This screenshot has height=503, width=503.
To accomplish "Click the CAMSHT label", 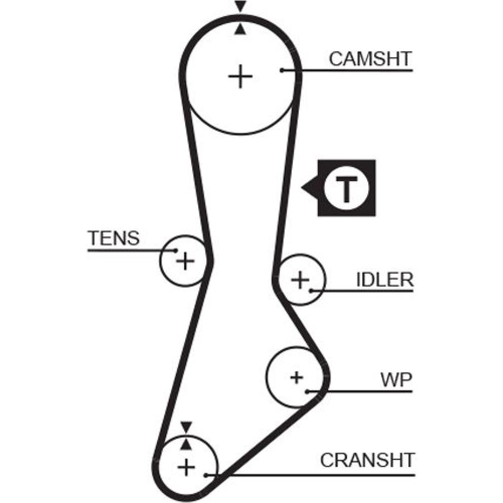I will point(370,58).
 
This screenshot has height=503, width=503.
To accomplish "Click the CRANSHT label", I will point(367,460).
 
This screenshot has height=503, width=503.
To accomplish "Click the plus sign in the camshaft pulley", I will point(240,77).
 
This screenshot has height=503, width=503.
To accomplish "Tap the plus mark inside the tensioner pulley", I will point(185,261).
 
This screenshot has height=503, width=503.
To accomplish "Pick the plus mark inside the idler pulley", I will point(300,280).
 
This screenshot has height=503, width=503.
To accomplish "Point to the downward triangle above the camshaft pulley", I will point(241,7).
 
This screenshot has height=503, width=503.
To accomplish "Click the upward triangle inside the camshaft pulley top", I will point(241,29).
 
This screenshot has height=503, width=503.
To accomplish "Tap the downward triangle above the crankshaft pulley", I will point(187,427).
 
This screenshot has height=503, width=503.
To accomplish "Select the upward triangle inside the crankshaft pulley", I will point(187,444).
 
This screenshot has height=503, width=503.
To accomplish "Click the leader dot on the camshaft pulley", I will point(283,70).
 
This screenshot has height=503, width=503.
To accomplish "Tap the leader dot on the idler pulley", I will point(311,290).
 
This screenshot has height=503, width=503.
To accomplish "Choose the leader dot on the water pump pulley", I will point(307,391).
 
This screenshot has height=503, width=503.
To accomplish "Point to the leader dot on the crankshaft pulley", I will point(205,474).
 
